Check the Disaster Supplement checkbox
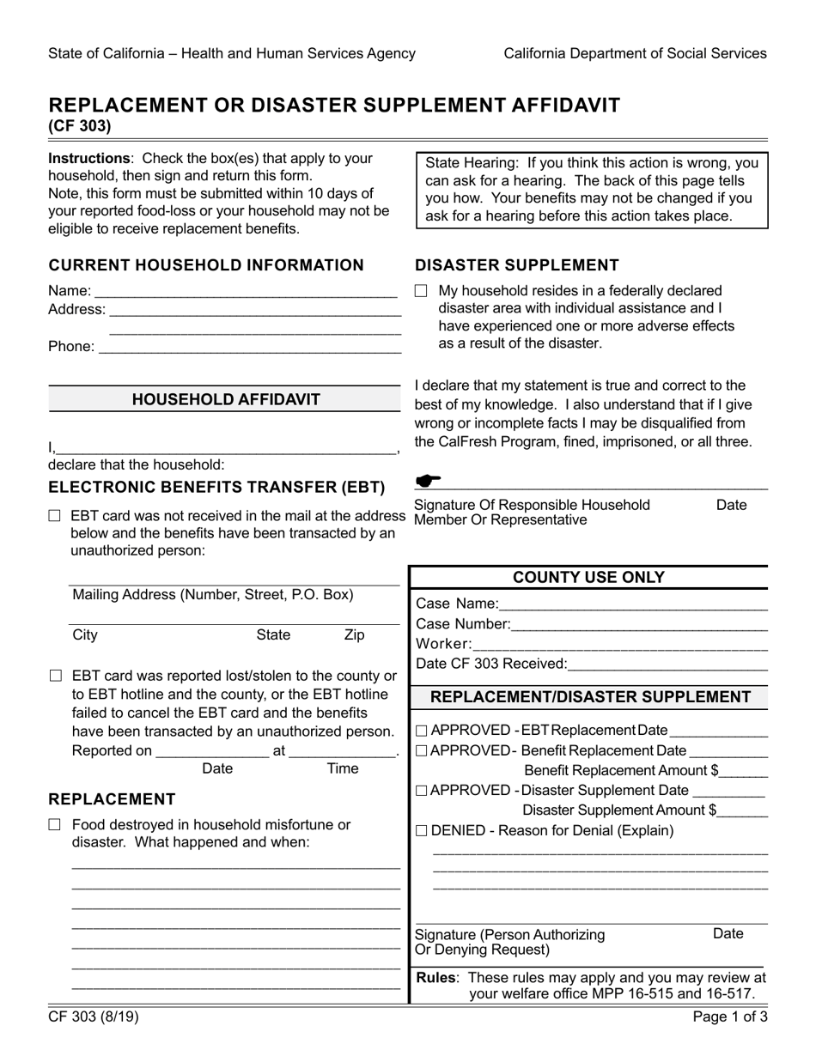click(420, 292)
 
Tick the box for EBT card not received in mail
click(56, 517)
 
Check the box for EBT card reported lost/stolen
click(56, 677)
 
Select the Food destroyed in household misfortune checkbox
click(56, 825)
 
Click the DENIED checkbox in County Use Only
click(421, 831)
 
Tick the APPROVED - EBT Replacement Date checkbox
click(421, 731)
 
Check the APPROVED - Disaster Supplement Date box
click(421, 791)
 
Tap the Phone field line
click(249, 347)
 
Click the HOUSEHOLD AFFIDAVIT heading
click(225, 399)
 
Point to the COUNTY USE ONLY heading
click(588, 578)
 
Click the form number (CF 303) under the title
click(79, 126)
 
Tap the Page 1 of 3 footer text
click(730, 1018)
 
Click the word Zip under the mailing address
click(354, 635)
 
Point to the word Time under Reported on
click(343, 768)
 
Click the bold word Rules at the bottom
click(435, 977)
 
